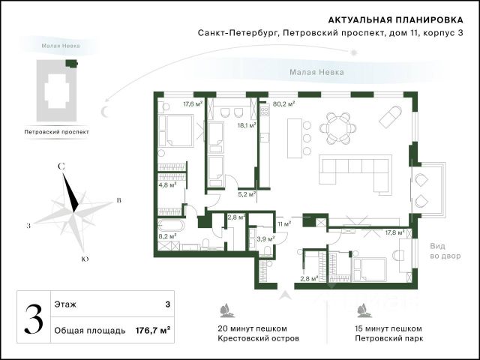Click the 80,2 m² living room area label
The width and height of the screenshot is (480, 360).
(284, 105)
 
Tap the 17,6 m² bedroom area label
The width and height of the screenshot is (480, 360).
(193, 105)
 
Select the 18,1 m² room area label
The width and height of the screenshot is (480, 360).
(247, 126)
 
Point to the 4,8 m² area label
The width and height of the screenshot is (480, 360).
(167, 184)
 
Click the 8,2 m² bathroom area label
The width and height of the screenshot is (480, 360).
(167, 235)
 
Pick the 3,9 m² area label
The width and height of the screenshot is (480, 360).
(264, 239)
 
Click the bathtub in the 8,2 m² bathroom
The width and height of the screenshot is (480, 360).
(175, 225)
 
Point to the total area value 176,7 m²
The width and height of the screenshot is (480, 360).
(147, 329)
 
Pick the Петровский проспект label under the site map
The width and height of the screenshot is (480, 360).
(56, 130)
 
